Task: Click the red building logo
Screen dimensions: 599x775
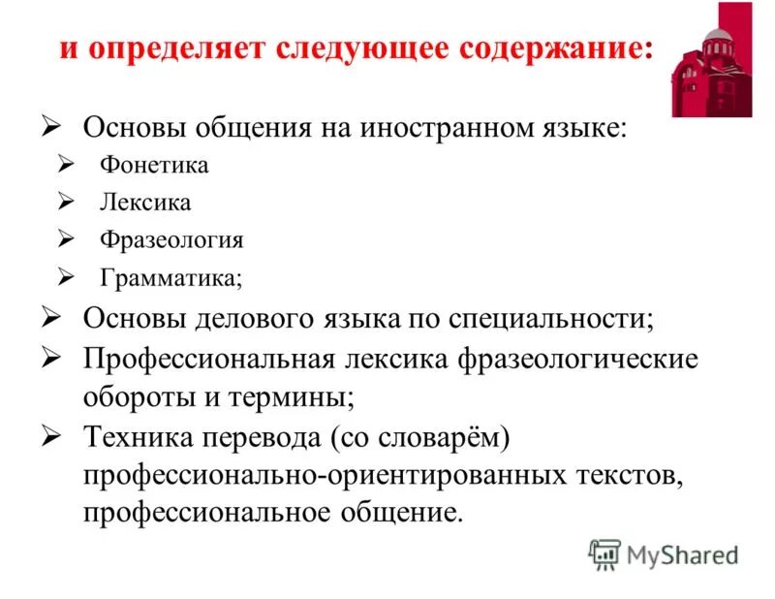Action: [x=711, y=59]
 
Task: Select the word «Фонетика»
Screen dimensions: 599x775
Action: [x=154, y=165]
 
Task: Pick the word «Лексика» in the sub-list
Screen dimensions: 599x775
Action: [x=145, y=203]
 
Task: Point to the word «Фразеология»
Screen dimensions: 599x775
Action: [x=171, y=240]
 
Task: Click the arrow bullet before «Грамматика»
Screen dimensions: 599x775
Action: [x=66, y=277]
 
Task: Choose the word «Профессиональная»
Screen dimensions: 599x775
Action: [x=208, y=360]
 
